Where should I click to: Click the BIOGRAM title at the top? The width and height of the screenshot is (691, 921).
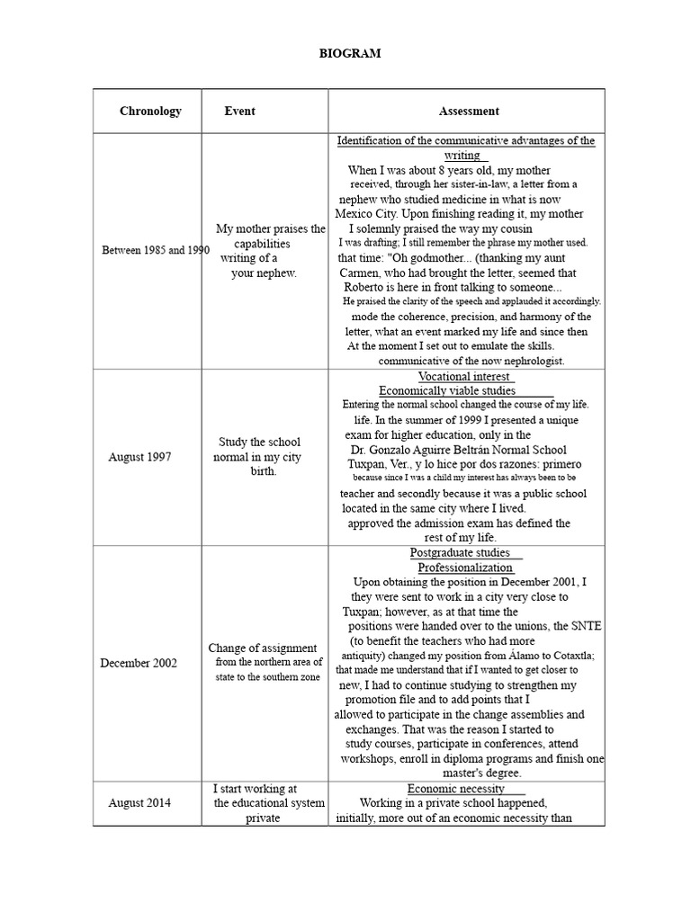point(350,54)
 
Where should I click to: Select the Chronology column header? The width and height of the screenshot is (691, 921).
point(150,112)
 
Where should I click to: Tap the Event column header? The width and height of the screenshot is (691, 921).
point(239,112)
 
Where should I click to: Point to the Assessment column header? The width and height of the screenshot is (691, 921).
point(469,112)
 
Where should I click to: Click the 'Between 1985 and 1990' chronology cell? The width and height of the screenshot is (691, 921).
point(155,250)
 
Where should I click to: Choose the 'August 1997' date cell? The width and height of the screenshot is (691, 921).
point(139,457)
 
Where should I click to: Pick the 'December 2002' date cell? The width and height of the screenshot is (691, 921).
point(139,664)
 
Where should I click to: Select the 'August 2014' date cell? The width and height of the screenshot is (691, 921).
point(139,803)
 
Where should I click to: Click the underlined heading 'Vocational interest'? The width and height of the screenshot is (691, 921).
point(464,376)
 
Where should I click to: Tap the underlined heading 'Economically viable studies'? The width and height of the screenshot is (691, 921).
point(447,390)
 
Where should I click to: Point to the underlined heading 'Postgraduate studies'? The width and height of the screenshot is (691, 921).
point(460,553)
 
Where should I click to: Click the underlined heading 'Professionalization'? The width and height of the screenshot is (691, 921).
point(465,568)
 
